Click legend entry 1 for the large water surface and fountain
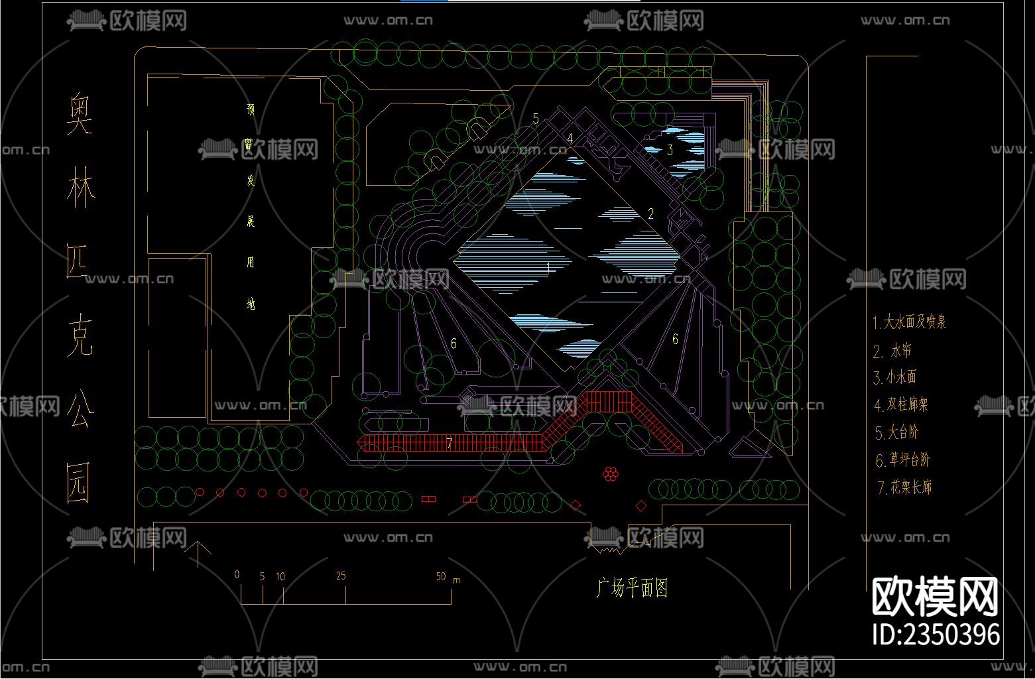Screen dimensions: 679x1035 tap(909, 322)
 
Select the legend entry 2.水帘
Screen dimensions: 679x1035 tap(892, 351)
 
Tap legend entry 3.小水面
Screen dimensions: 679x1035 tap(895, 377)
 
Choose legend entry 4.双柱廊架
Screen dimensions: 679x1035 tap(901, 404)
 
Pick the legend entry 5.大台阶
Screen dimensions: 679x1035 tap(896, 432)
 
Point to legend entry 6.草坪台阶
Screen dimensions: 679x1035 tap(902, 460)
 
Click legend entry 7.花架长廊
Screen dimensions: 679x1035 tap(904, 487)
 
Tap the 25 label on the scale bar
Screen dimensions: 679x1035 tap(341, 576)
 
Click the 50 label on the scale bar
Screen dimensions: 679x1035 tap(441, 576)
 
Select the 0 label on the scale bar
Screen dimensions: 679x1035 tap(237, 574)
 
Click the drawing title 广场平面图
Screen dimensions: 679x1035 tap(632, 587)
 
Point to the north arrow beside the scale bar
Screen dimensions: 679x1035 tap(198, 553)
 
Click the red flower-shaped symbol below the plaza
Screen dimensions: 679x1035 tap(611, 473)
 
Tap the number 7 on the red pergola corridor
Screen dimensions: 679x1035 tap(449, 442)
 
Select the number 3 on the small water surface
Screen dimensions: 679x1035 tap(670, 150)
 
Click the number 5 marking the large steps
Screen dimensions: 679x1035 tap(536, 119)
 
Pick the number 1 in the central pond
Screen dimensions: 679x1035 tap(548, 268)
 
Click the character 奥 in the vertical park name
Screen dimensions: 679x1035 tap(80, 114)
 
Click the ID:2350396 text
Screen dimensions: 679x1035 tap(936, 634)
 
